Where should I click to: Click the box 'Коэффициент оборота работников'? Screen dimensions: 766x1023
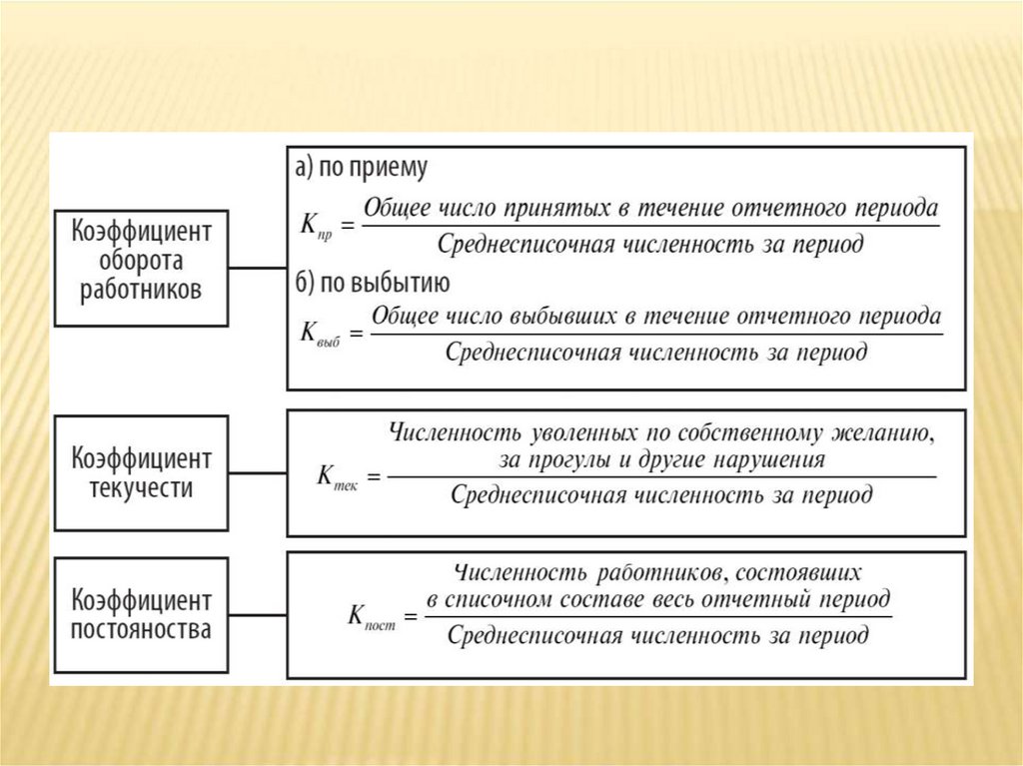click(141, 267)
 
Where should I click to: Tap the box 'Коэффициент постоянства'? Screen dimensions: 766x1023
click(141, 615)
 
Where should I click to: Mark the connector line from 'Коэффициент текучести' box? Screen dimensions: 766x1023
click(257, 472)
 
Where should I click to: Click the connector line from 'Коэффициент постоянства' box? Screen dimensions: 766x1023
click(257, 615)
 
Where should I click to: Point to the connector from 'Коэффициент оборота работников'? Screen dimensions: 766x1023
click(257, 267)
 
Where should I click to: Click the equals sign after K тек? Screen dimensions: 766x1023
click(374, 477)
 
